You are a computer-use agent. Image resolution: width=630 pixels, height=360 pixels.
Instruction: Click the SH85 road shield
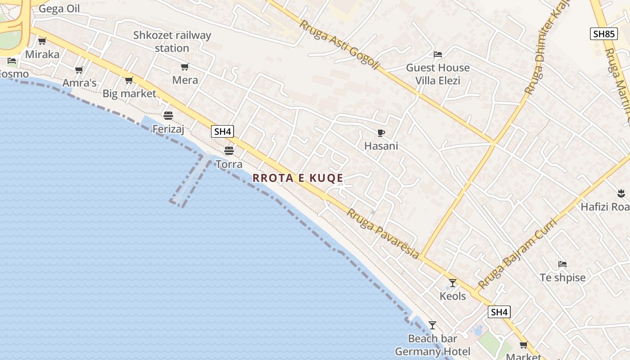pos(603,34)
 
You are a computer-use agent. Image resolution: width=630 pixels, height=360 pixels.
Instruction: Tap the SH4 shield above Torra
pos(222,131)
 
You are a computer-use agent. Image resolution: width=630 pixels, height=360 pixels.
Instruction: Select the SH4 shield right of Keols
pos(499,312)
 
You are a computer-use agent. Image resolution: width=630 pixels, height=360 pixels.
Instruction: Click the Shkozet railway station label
pos(172,41)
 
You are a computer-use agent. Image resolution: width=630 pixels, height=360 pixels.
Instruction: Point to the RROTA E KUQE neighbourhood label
pos(298,178)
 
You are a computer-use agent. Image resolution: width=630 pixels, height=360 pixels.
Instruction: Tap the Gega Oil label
pos(59,9)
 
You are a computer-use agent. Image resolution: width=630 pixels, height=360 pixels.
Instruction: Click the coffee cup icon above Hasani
pos(381,133)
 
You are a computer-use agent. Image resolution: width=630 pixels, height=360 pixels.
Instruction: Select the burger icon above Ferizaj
pos(168,116)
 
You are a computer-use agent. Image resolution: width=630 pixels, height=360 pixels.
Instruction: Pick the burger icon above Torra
pos(229,150)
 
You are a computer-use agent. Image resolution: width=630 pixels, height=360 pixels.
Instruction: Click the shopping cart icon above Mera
pos(184,67)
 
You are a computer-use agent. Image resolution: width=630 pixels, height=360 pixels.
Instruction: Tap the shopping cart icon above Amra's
pos(79,70)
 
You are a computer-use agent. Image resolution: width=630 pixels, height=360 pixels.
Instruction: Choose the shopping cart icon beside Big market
pos(129,81)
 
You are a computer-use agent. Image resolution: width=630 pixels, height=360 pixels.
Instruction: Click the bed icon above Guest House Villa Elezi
pos(437,54)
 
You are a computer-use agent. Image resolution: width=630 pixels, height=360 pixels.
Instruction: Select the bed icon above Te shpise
pos(562,264)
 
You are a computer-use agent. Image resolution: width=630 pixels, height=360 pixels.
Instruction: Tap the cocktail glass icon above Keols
pos(453,283)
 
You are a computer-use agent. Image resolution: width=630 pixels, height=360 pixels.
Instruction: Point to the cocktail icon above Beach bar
pos(432,325)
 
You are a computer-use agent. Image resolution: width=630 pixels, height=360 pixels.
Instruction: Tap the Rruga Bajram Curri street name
pos(517,253)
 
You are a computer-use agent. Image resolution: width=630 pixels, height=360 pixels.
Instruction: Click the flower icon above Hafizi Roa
pos(621,194)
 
